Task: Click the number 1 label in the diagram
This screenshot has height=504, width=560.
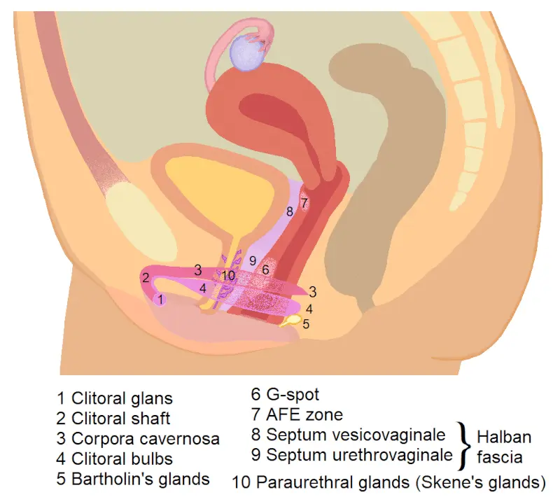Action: (x=161, y=300)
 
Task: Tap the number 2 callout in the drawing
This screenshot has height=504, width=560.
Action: (x=146, y=277)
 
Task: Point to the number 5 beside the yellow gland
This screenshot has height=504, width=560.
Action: (x=306, y=324)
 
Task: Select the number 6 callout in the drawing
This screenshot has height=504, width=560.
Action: (x=265, y=269)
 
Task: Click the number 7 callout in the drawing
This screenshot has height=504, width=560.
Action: (x=304, y=203)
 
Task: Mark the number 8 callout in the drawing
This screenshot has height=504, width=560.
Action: (x=289, y=212)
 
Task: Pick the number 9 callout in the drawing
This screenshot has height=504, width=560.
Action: (x=253, y=261)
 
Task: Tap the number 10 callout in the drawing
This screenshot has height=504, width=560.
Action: (x=229, y=275)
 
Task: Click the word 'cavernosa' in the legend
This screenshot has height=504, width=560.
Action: (x=181, y=439)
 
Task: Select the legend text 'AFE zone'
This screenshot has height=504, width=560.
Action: (x=304, y=414)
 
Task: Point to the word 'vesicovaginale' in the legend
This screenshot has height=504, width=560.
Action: (x=356, y=435)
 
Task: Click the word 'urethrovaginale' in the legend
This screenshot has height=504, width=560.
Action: (x=360, y=455)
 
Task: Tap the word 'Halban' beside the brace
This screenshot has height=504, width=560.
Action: (x=504, y=437)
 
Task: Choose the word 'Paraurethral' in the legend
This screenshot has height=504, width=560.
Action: (x=333, y=482)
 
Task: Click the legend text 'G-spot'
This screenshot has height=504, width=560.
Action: (x=293, y=395)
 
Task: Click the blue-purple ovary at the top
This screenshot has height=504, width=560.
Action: (x=247, y=53)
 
